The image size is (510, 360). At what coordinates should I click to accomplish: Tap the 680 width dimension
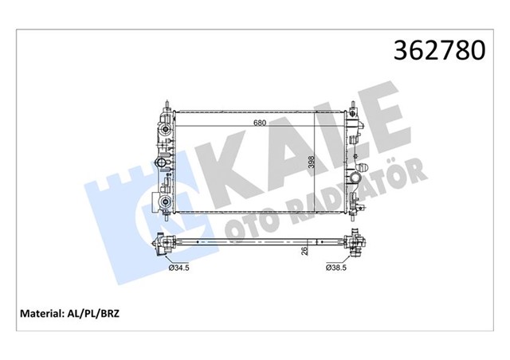(259, 123)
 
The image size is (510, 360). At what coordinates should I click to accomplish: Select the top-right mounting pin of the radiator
(351, 104)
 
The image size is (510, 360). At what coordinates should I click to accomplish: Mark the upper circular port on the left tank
(164, 164)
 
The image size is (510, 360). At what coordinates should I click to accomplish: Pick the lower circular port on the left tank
(164, 202)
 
